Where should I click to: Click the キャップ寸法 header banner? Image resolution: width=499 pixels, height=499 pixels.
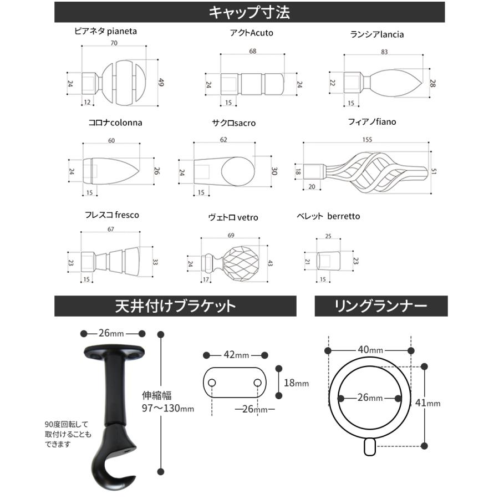tap(249, 12)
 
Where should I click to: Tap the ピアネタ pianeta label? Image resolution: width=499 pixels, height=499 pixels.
tap(105, 32)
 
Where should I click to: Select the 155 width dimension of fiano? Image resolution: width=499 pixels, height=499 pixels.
tap(368, 140)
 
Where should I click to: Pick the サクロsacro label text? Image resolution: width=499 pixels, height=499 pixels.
tap(233, 123)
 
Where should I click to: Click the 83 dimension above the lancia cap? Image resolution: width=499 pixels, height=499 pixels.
tap(384, 52)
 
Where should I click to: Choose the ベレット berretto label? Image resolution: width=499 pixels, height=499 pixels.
tap(328, 216)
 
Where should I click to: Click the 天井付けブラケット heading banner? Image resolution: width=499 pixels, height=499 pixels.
tap(175, 305)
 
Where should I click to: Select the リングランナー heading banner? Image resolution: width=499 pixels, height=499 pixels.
tap(381, 305)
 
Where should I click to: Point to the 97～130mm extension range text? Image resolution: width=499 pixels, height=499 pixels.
tap(168, 409)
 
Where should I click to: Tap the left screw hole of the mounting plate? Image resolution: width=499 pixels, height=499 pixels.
tap(212, 383)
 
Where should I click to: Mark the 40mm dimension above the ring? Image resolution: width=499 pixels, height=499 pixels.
tap(369, 350)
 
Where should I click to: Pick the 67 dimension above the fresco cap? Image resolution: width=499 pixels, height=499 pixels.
tap(111, 230)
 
